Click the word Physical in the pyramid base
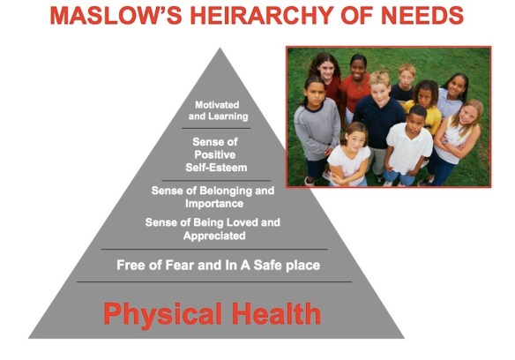[160, 313]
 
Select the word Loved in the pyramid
[237, 222]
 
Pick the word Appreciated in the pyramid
[214, 236]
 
